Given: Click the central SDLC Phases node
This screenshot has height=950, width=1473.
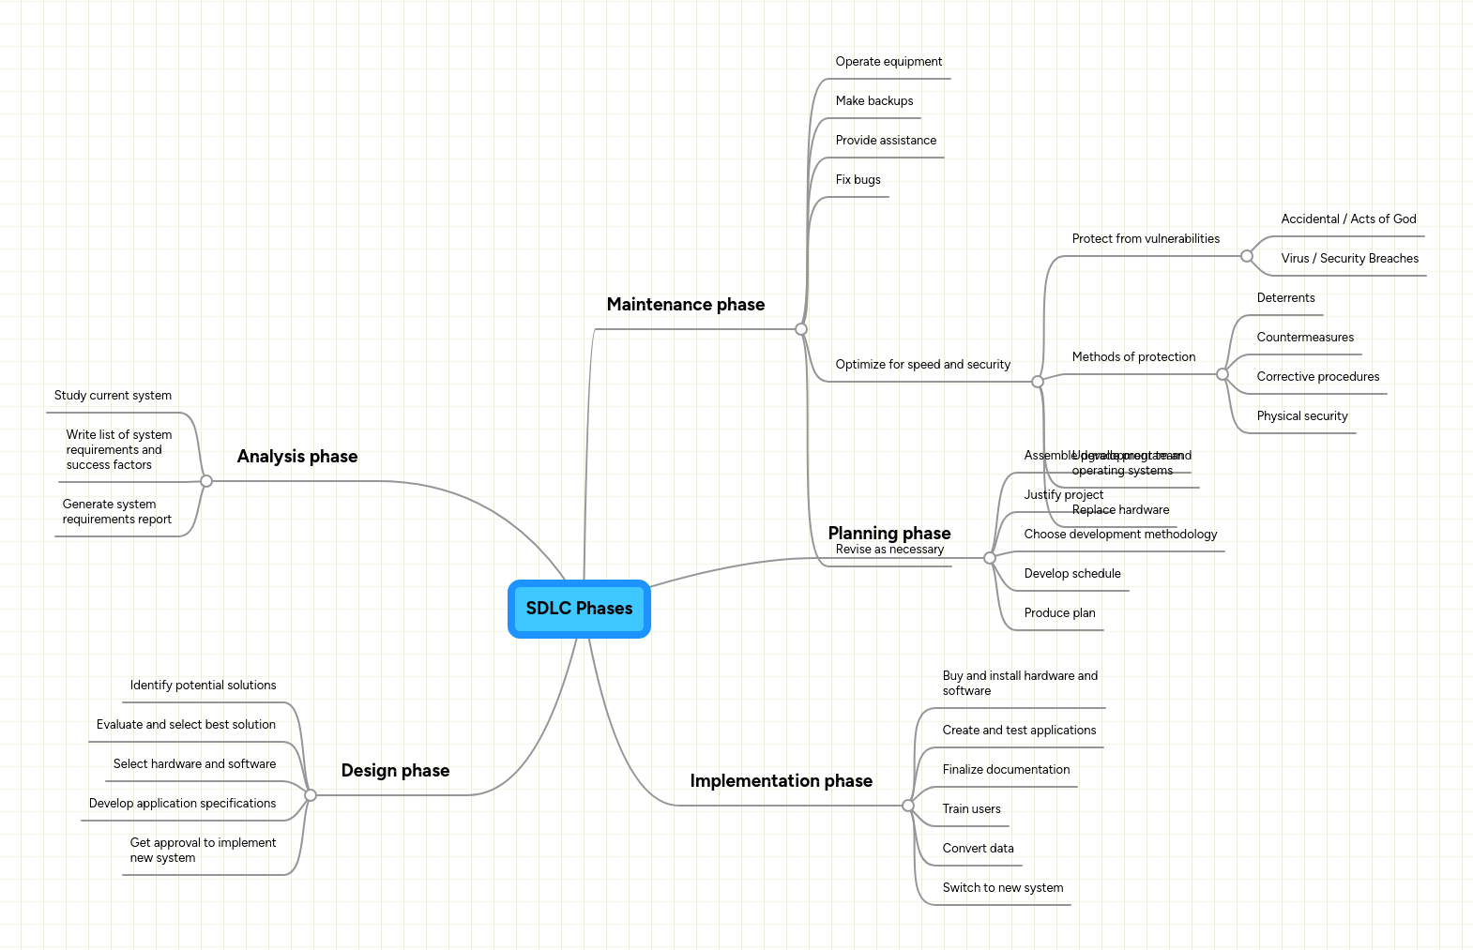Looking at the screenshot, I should [x=579, y=609].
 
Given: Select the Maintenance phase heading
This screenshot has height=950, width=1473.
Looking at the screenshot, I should [x=685, y=305].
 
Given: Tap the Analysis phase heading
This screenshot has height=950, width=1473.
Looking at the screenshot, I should [x=296, y=457].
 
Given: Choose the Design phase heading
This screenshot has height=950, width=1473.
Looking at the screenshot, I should [x=395, y=771].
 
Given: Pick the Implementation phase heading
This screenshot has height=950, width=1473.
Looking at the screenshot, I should [x=781, y=781].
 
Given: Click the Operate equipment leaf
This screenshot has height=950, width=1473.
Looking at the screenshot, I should [x=888, y=62].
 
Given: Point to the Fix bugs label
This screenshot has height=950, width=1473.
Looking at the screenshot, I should [x=858, y=180].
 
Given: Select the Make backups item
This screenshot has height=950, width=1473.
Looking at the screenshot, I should [x=873, y=101].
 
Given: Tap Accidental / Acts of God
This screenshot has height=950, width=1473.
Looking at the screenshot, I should [x=1348, y=219].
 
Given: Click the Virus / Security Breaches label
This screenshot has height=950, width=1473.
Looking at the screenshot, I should [x=1349, y=259].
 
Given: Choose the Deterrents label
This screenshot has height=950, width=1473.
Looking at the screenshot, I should [x=1285, y=298].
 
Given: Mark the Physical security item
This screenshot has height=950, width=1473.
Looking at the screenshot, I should [x=1301, y=416].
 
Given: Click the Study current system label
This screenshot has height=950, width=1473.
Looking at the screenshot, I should [x=113, y=396].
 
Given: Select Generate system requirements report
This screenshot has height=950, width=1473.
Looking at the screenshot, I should [x=117, y=512].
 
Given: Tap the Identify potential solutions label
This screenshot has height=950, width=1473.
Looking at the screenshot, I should [x=203, y=686].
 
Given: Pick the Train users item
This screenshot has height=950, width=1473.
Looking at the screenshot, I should [x=971, y=809].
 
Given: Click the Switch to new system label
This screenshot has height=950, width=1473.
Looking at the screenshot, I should [x=1002, y=888].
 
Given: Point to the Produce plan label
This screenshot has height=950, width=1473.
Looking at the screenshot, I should [x=1059, y=613].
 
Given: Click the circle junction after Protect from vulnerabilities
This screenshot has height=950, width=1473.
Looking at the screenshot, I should [x=1247, y=256].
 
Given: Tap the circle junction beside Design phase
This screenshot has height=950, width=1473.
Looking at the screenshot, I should [x=311, y=795].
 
